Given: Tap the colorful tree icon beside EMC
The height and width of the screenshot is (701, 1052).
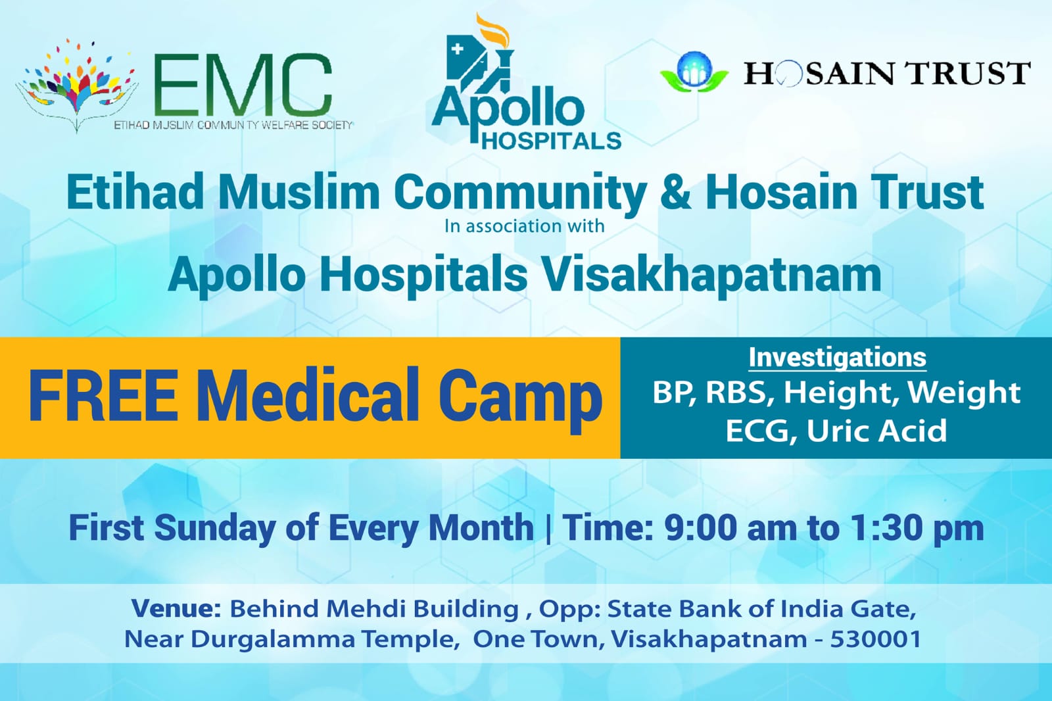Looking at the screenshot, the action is pyautogui.click(x=77, y=85).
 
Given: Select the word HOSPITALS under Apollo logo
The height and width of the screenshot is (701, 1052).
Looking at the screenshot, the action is pyautogui.click(x=552, y=141).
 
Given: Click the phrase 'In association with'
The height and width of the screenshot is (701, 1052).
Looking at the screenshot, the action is pyautogui.click(x=524, y=226).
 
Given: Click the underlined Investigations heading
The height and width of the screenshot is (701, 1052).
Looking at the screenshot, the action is pyautogui.click(x=838, y=358).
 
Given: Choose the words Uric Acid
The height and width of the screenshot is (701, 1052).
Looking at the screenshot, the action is pyautogui.click(x=876, y=431).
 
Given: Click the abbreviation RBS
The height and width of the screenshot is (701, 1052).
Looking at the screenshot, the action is pyautogui.click(x=736, y=393).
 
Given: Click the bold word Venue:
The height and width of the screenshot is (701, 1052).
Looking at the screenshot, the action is pyautogui.click(x=176, y=608).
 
